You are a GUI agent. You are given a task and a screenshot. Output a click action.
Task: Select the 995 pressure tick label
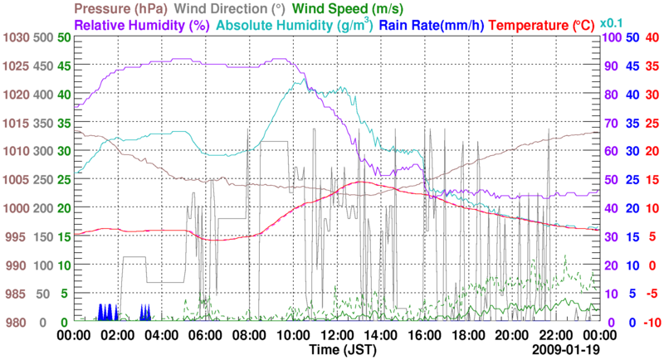pyautogui.click(x=17, y=237)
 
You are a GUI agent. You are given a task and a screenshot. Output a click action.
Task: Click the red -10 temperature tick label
pyautogui.click(x=650, y=322)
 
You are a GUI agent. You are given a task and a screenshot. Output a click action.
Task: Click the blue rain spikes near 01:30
pyautogui.click(x=107, y=313)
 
